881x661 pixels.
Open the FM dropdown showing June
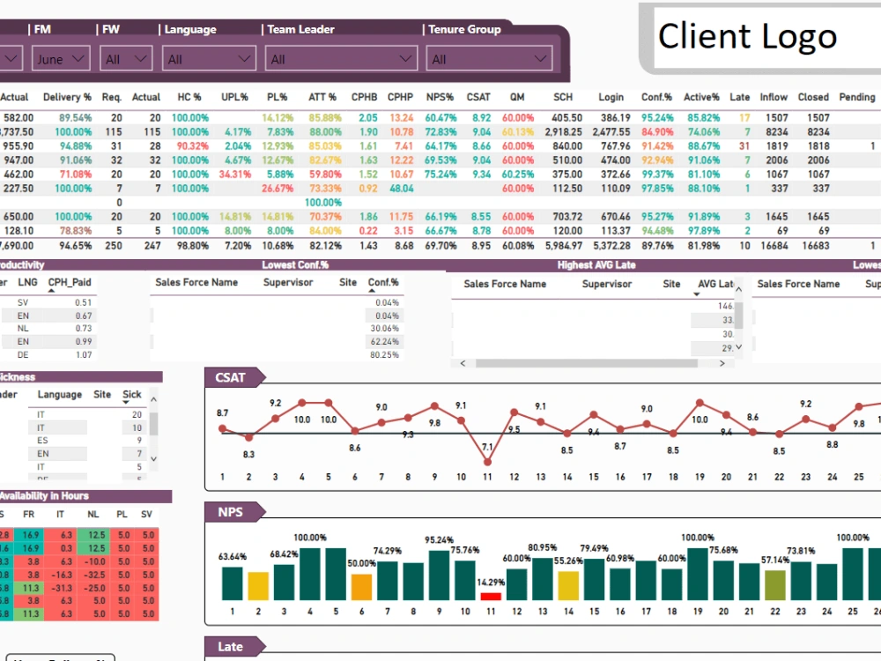pyautogui.click(x=61, y=59)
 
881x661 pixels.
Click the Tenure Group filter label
pyautogui.click(x=464, y=29)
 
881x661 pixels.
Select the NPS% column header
pyautogui.click(x=440, y=97)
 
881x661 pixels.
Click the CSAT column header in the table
pyautogui.click(x=478, y=97)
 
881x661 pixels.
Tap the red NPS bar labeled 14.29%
pyautogui.click(x=491, y=597)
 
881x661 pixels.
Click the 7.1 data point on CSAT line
pyautogui.click(x=487, y=461)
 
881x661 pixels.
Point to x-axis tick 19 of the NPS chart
pyautogui.click(x=698, y=611)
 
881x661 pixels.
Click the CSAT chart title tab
pyautogui.click(x=231, y=378)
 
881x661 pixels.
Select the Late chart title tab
pyautogui.click(x=230, y=647)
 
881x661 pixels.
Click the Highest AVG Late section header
pyautogui.click(x=596, y=264)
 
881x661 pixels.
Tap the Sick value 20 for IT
pyautogui.click(x=137, y=413)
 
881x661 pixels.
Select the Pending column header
pyautogui.click(x=856, y=97)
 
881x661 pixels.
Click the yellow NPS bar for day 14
pyautogui.click(x=568, y=586)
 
